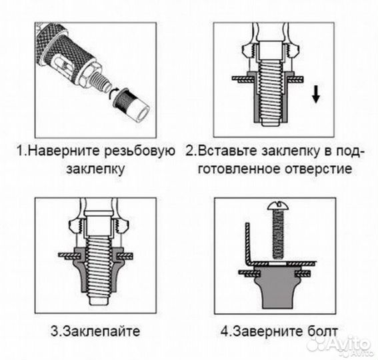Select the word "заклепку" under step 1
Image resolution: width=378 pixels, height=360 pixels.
[95, 168]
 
